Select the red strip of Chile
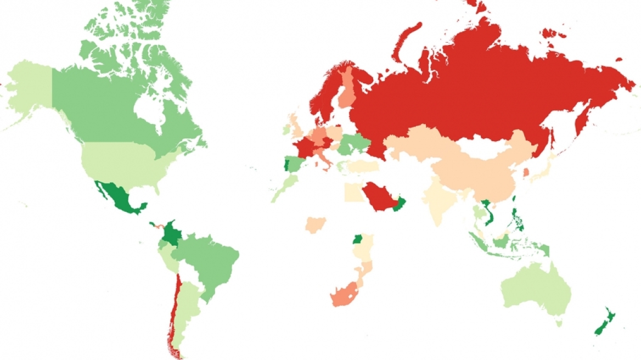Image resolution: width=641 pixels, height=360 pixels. click(173, 307)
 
